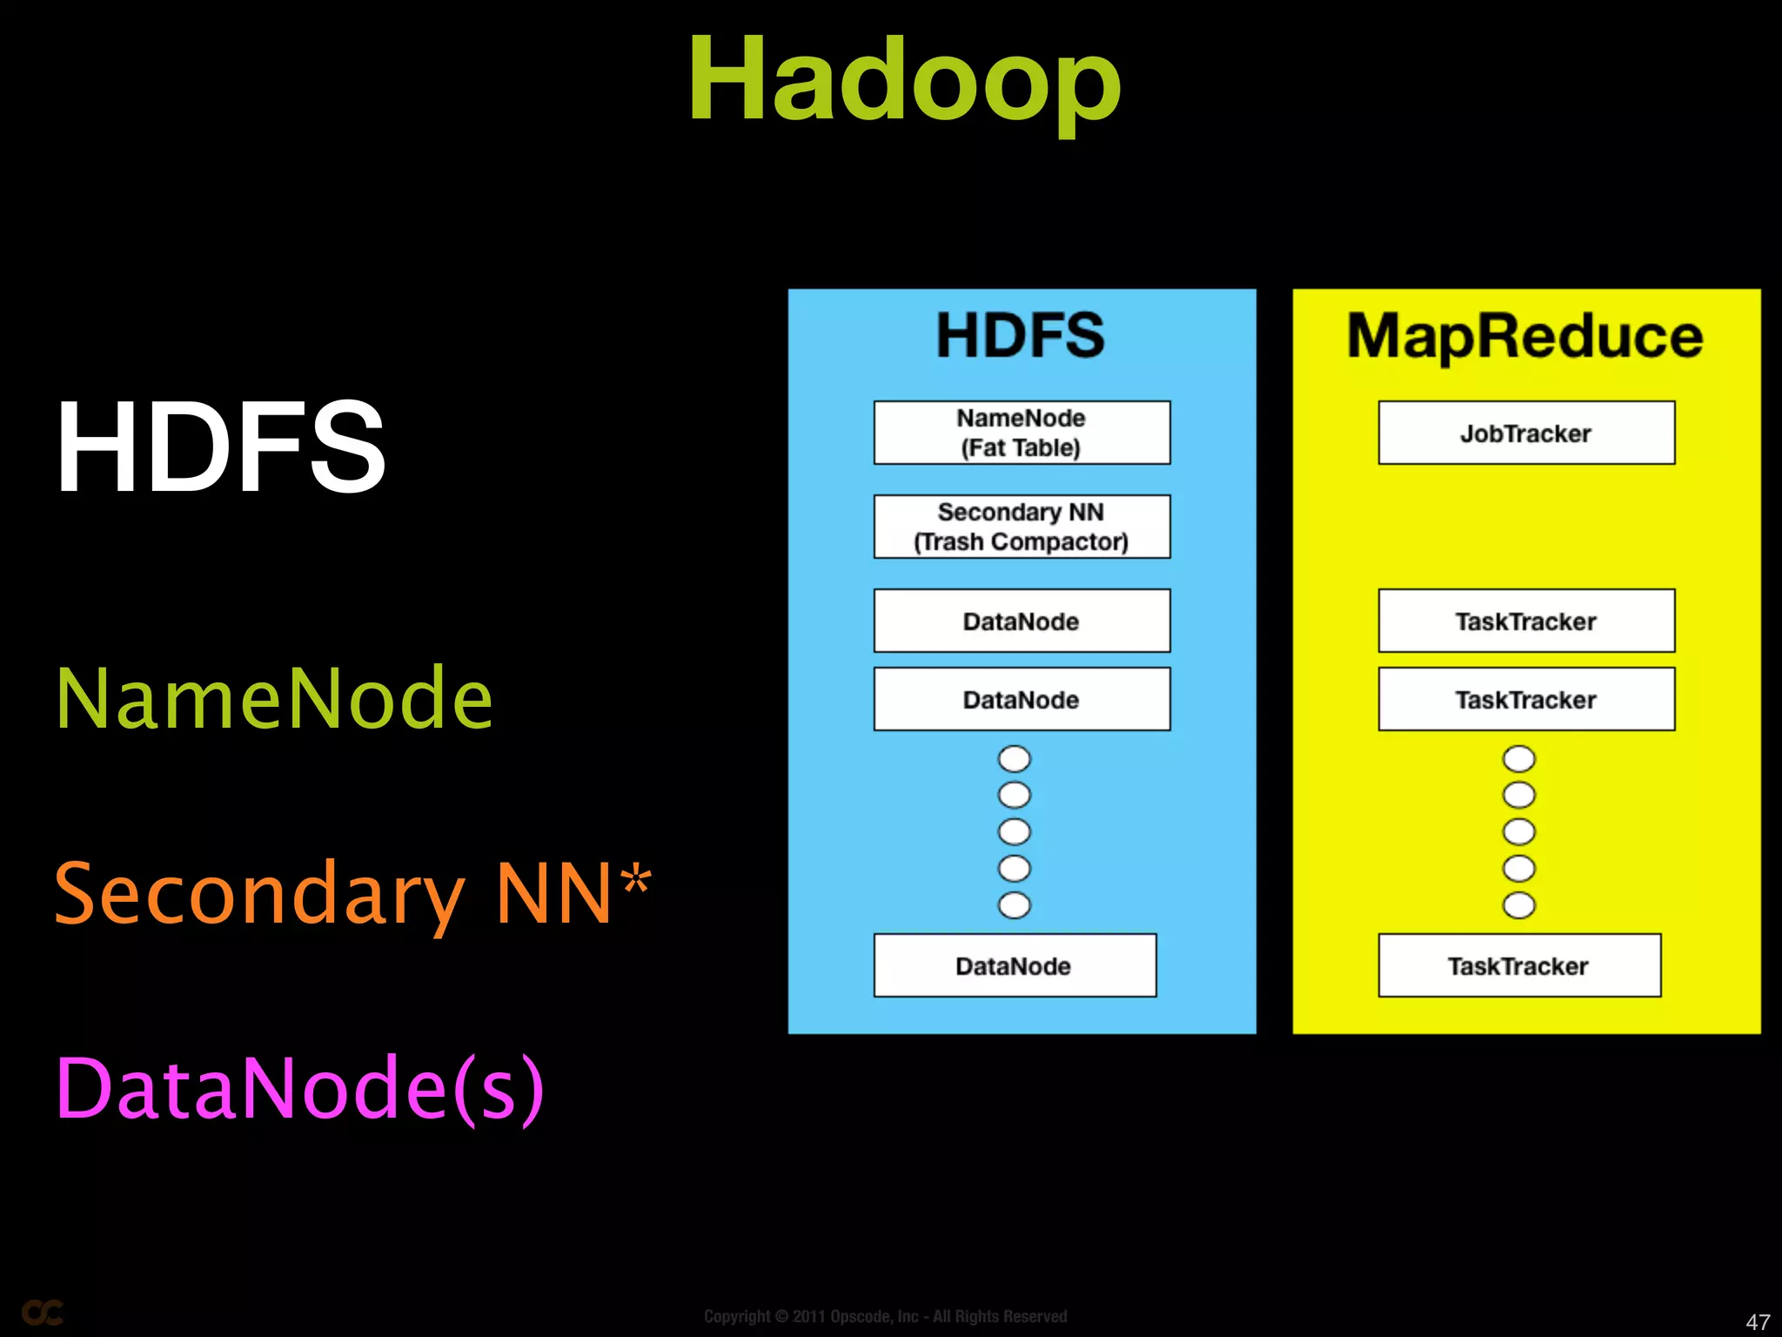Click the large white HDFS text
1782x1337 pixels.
click(x=220, y=447)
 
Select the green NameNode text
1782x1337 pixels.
click(x=274, y=698)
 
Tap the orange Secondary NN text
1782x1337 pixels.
click(x=334, y=893)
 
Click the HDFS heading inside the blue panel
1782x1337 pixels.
click(x=1020, y=335)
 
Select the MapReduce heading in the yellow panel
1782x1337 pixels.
click(x=1524, y=337)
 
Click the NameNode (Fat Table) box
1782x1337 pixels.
click(x=1022, y=433)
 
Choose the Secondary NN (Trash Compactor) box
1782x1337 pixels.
click(x=1022, y=527)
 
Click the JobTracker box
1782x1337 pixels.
click(x=1525, y=433)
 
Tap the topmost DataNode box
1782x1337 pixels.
click(x=1022, y=621)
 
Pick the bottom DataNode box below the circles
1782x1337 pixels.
click(x=1015, y=965)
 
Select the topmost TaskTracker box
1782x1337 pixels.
click(x=1525, y=621)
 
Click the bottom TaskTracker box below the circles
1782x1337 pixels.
click(x=1519, y=965)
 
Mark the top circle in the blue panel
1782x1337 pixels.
click(x=1014, y=759)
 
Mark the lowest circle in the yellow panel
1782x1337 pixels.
click(x=1518, y=905)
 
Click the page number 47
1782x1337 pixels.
click(x=1758, y=1321)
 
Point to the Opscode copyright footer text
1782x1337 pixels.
click(x=885, y=1316)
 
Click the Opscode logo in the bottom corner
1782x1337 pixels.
click(x=42, y=1313)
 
